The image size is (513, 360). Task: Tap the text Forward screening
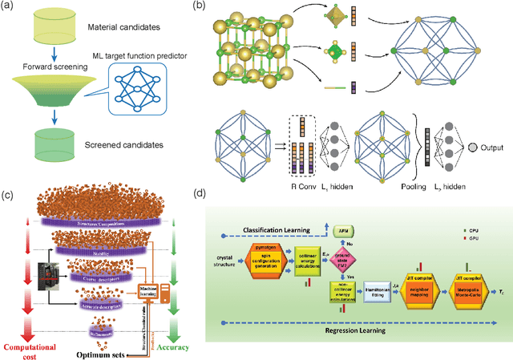(x=38, y=68)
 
